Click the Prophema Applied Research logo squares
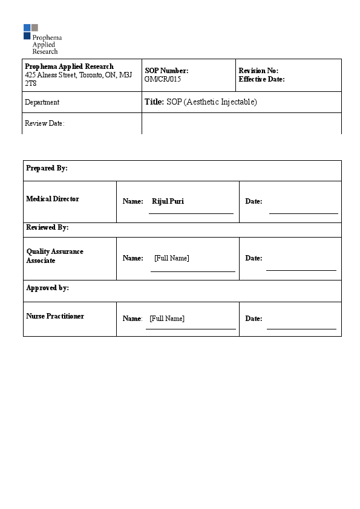(x=31, y=31)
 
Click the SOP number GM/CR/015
(x=163, y=79)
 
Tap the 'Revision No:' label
(x=258, y=71)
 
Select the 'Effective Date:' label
(x=261, y=79)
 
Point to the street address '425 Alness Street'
(x=51, y=75)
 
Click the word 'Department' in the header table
(x=42, y=102)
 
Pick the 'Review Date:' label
(x=44, y=123)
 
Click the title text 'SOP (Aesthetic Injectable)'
(x=212, y=102)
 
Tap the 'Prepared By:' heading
(x=47, y=168)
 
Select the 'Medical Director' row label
(x=53, y=199)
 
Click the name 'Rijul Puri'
(x=168, y=201)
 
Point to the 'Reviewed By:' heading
(x=47, y=228)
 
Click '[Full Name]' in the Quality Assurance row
(x=171, y=258)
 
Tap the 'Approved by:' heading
(x=47, y=288)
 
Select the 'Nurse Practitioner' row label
(x=55, y=316)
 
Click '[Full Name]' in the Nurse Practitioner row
(x=167, y=318)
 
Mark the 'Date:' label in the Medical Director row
(x=254, y=201)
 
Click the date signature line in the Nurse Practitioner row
(x=301, y=329)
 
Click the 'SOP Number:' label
(x=166, y=71)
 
